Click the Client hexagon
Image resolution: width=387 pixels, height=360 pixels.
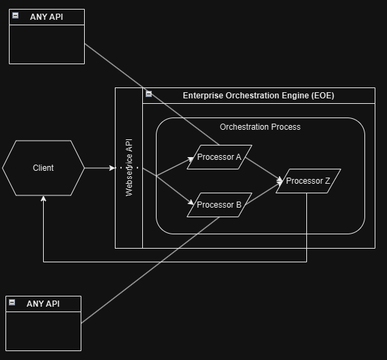43,168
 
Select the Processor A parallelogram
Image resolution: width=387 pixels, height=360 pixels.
219,157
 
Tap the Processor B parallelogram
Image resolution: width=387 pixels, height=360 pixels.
219,205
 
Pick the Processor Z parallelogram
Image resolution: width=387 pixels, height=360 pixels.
308,181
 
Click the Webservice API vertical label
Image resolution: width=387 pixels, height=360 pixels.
129,168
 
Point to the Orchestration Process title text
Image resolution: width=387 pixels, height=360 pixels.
260,127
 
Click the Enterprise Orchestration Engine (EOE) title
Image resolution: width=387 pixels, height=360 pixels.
258,96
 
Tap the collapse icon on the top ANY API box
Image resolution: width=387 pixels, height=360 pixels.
16,16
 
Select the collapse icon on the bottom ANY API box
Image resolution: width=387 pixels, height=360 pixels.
13,303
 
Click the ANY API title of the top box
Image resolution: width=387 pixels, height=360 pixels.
46,17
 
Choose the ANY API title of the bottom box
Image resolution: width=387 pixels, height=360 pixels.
43,304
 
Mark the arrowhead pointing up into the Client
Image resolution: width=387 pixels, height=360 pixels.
43,199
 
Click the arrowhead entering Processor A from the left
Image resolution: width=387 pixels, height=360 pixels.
192,159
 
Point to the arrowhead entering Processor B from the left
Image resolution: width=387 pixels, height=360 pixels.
191,202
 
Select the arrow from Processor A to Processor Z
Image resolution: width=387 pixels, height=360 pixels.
263,169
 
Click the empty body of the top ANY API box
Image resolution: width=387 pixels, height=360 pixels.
46,44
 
